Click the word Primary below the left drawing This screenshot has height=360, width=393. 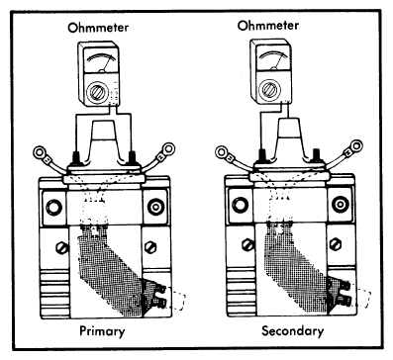pyautogui.click(x=102, y=331)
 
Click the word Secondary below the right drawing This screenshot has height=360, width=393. pyautogui.click(x=292, y=331)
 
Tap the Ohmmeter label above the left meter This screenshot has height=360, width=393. pyautogui.click(x=98, y=28)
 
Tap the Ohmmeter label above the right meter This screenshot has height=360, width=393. pyautogui.click(x=268, y=26)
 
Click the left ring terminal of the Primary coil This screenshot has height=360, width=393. pyautogui.click(x=41, y=153)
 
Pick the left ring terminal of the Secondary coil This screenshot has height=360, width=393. pyautogui.click(x=222, y=152)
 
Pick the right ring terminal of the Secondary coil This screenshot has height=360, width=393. pyautogui.click(x=356, y=146)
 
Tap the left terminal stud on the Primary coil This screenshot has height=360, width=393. pyautogui.click(x=76, y=158)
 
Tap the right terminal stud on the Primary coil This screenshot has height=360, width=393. pyautogui.click(x=132, y=157)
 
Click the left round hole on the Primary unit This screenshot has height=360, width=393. pyautogui.click(x=53, y=208)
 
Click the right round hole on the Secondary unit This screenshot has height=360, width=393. pyautogui.click(x=340, y=205)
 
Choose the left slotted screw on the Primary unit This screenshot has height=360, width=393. pyautogui.click(x=62, y=247)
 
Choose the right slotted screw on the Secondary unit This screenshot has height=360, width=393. pyautogui.click(x=336, y=244)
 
